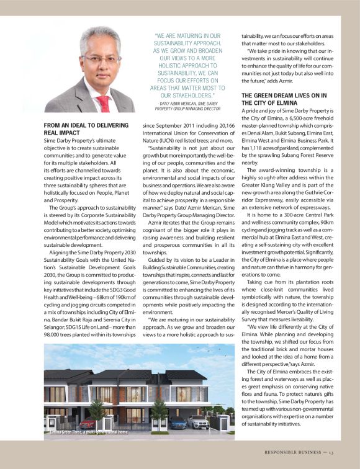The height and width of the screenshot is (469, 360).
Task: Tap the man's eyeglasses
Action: [101, 59]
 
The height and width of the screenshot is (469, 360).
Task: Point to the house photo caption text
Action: [88, 431]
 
